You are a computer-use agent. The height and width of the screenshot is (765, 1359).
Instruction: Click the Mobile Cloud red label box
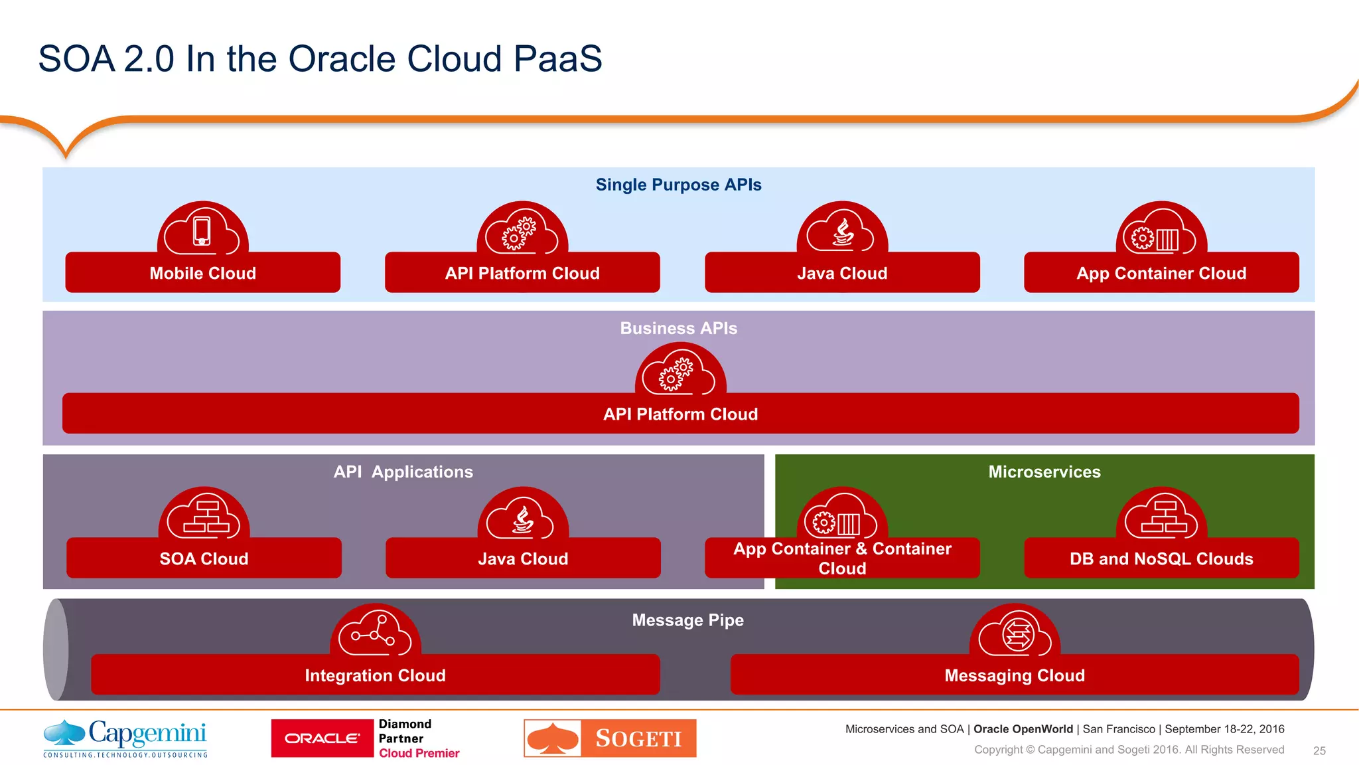202,273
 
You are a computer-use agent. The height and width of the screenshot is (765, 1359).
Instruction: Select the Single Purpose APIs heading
678,185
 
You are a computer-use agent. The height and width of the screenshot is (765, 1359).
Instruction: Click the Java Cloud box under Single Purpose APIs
841,273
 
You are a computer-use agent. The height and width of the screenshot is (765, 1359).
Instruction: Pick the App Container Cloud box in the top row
1161,273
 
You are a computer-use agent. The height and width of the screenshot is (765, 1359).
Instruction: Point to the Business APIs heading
678,328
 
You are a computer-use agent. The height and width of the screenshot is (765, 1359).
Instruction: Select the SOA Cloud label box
204,558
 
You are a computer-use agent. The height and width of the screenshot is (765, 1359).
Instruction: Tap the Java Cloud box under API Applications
523,558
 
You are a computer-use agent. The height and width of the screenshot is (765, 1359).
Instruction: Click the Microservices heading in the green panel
1044,472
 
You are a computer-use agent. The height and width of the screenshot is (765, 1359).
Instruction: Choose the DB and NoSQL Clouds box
1161,558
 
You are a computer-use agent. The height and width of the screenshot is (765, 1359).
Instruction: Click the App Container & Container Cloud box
841,558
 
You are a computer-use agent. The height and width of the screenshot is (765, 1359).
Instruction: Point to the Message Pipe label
687,620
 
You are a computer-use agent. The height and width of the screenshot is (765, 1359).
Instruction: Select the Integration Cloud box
375,675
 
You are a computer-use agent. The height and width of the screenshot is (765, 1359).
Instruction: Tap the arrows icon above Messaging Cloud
1017,634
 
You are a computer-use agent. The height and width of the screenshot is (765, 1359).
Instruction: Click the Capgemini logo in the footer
125,738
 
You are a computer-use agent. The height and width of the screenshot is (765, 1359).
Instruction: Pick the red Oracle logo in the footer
322,738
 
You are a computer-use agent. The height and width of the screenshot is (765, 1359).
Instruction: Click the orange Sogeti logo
610,738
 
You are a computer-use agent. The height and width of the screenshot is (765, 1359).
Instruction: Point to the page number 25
1319,751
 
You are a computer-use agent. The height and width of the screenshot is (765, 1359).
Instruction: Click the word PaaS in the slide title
557,58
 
